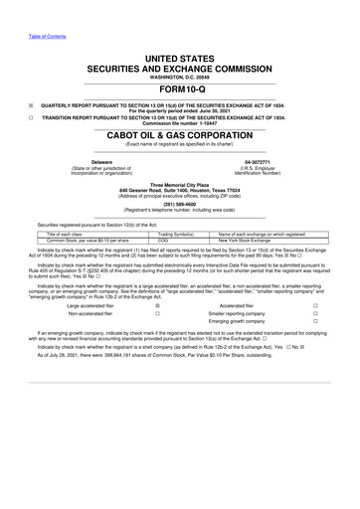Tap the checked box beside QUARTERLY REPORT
(x=31, y=102)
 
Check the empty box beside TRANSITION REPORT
(x=31, y=117)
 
